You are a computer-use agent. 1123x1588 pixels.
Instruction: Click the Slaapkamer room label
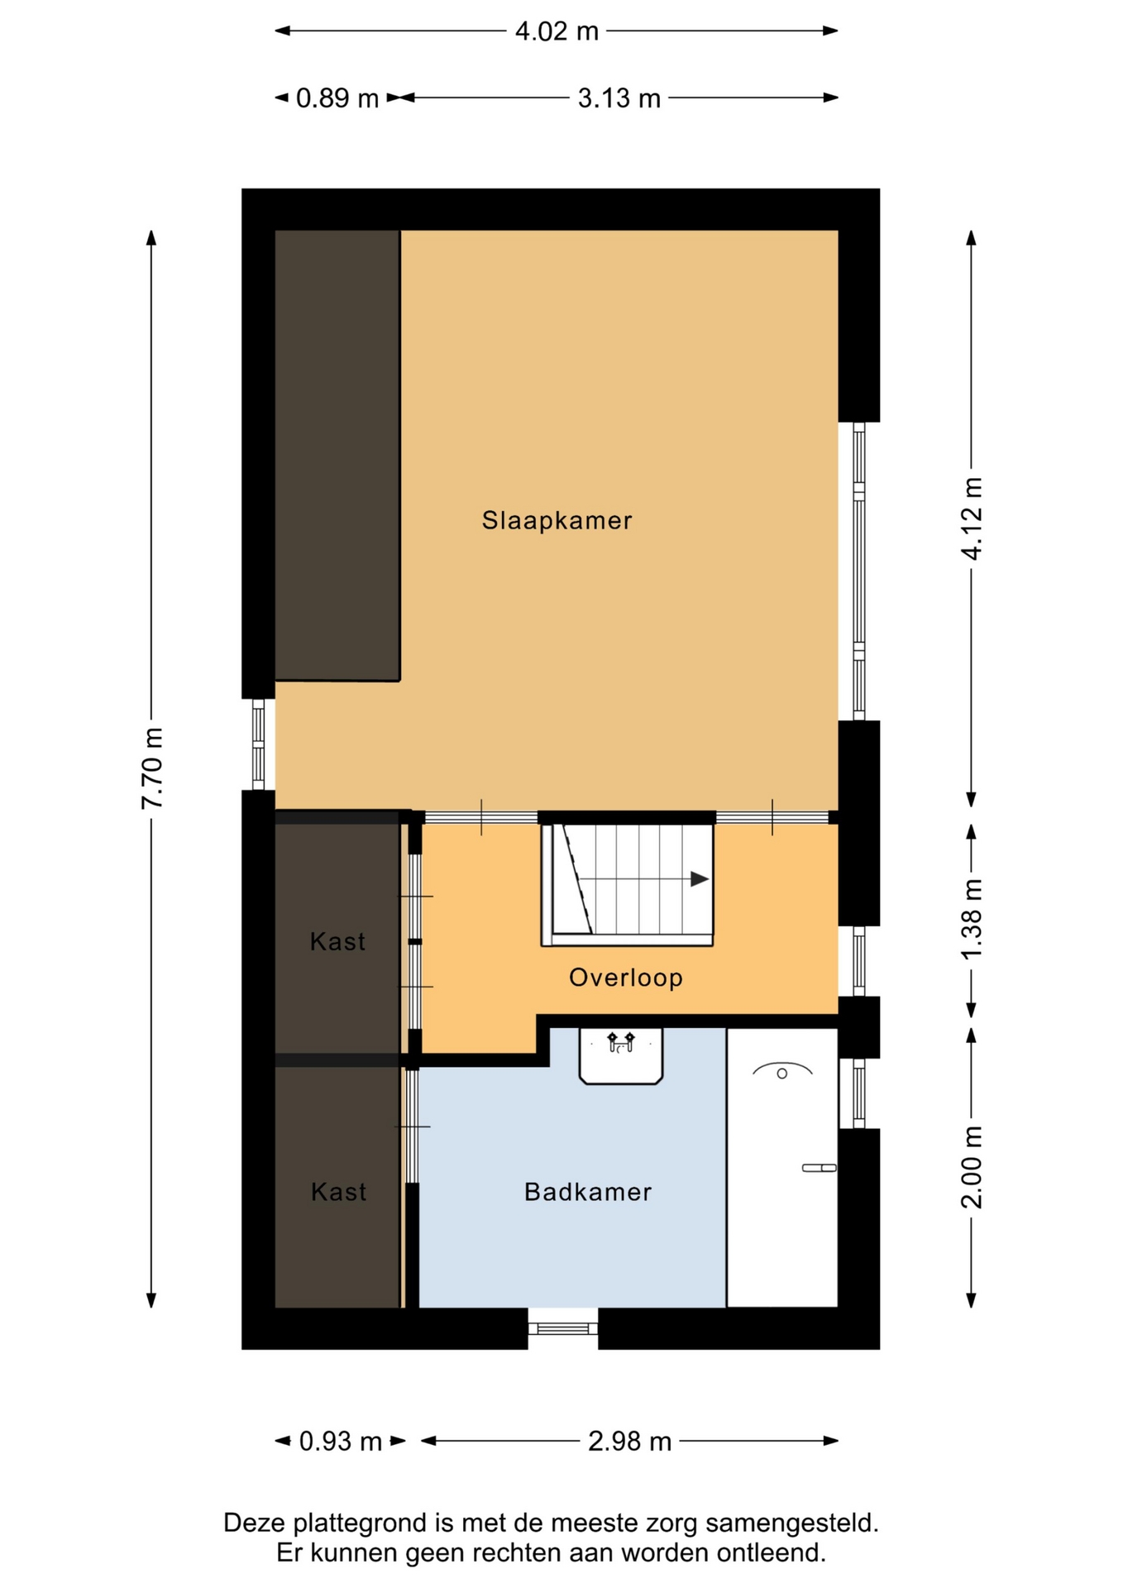click(x=557, y=520)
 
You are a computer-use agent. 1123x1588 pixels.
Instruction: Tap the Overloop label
click(x=626, y=978)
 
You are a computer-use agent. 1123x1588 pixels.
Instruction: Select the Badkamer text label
click(x=588, y=1192)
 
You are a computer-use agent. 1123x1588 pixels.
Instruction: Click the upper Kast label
click(x=337, y=941)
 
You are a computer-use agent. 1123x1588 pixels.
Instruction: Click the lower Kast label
click(x=338, y=1192)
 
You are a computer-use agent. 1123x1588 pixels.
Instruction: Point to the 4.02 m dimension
click(x=557, y=31)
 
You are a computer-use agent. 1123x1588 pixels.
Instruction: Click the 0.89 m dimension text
click(x=337, y=98)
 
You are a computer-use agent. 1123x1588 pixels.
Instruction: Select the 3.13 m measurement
click(x=619, y=98)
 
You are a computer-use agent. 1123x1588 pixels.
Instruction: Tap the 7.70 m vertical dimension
click(x=152, y=769)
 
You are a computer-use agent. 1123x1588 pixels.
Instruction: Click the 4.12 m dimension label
click(x=972, y=519)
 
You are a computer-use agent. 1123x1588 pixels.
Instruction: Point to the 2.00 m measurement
click(x=972, y=1167)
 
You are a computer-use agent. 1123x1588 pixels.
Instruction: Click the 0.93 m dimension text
click(x=341, y=1442)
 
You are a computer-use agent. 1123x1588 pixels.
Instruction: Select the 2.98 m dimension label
click(x=630, y=1442)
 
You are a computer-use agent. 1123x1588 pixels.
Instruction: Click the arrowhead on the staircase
click(x=700, y=879)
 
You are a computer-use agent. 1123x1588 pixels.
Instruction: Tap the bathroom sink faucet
click(x=621, y=1041)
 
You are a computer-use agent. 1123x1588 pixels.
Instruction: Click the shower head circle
click(x=782, y=1074)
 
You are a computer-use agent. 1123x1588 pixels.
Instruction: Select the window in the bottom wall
click(x=563, y=1328)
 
